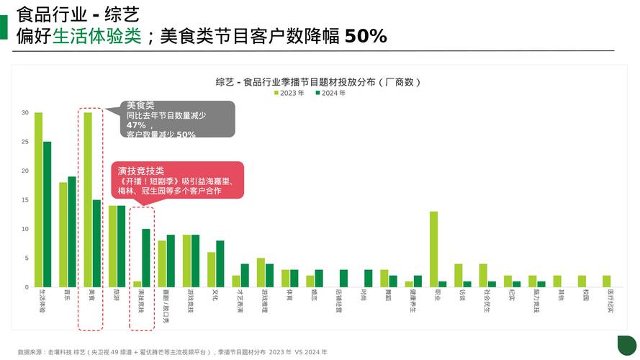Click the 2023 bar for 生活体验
[38, 200]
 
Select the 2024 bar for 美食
[96, 243]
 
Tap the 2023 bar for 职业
[433, 249]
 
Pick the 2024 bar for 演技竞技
[146, 258]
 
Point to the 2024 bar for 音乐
[72, 232]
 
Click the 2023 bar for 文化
[211, 270]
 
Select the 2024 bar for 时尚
[368, 279]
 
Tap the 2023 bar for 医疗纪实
[606, 282]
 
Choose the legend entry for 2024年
[330, 93]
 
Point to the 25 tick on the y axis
[25, 142]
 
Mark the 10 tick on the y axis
[25, 229]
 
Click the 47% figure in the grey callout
[136, 125]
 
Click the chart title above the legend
[318, 81]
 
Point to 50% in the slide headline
[366, 36]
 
